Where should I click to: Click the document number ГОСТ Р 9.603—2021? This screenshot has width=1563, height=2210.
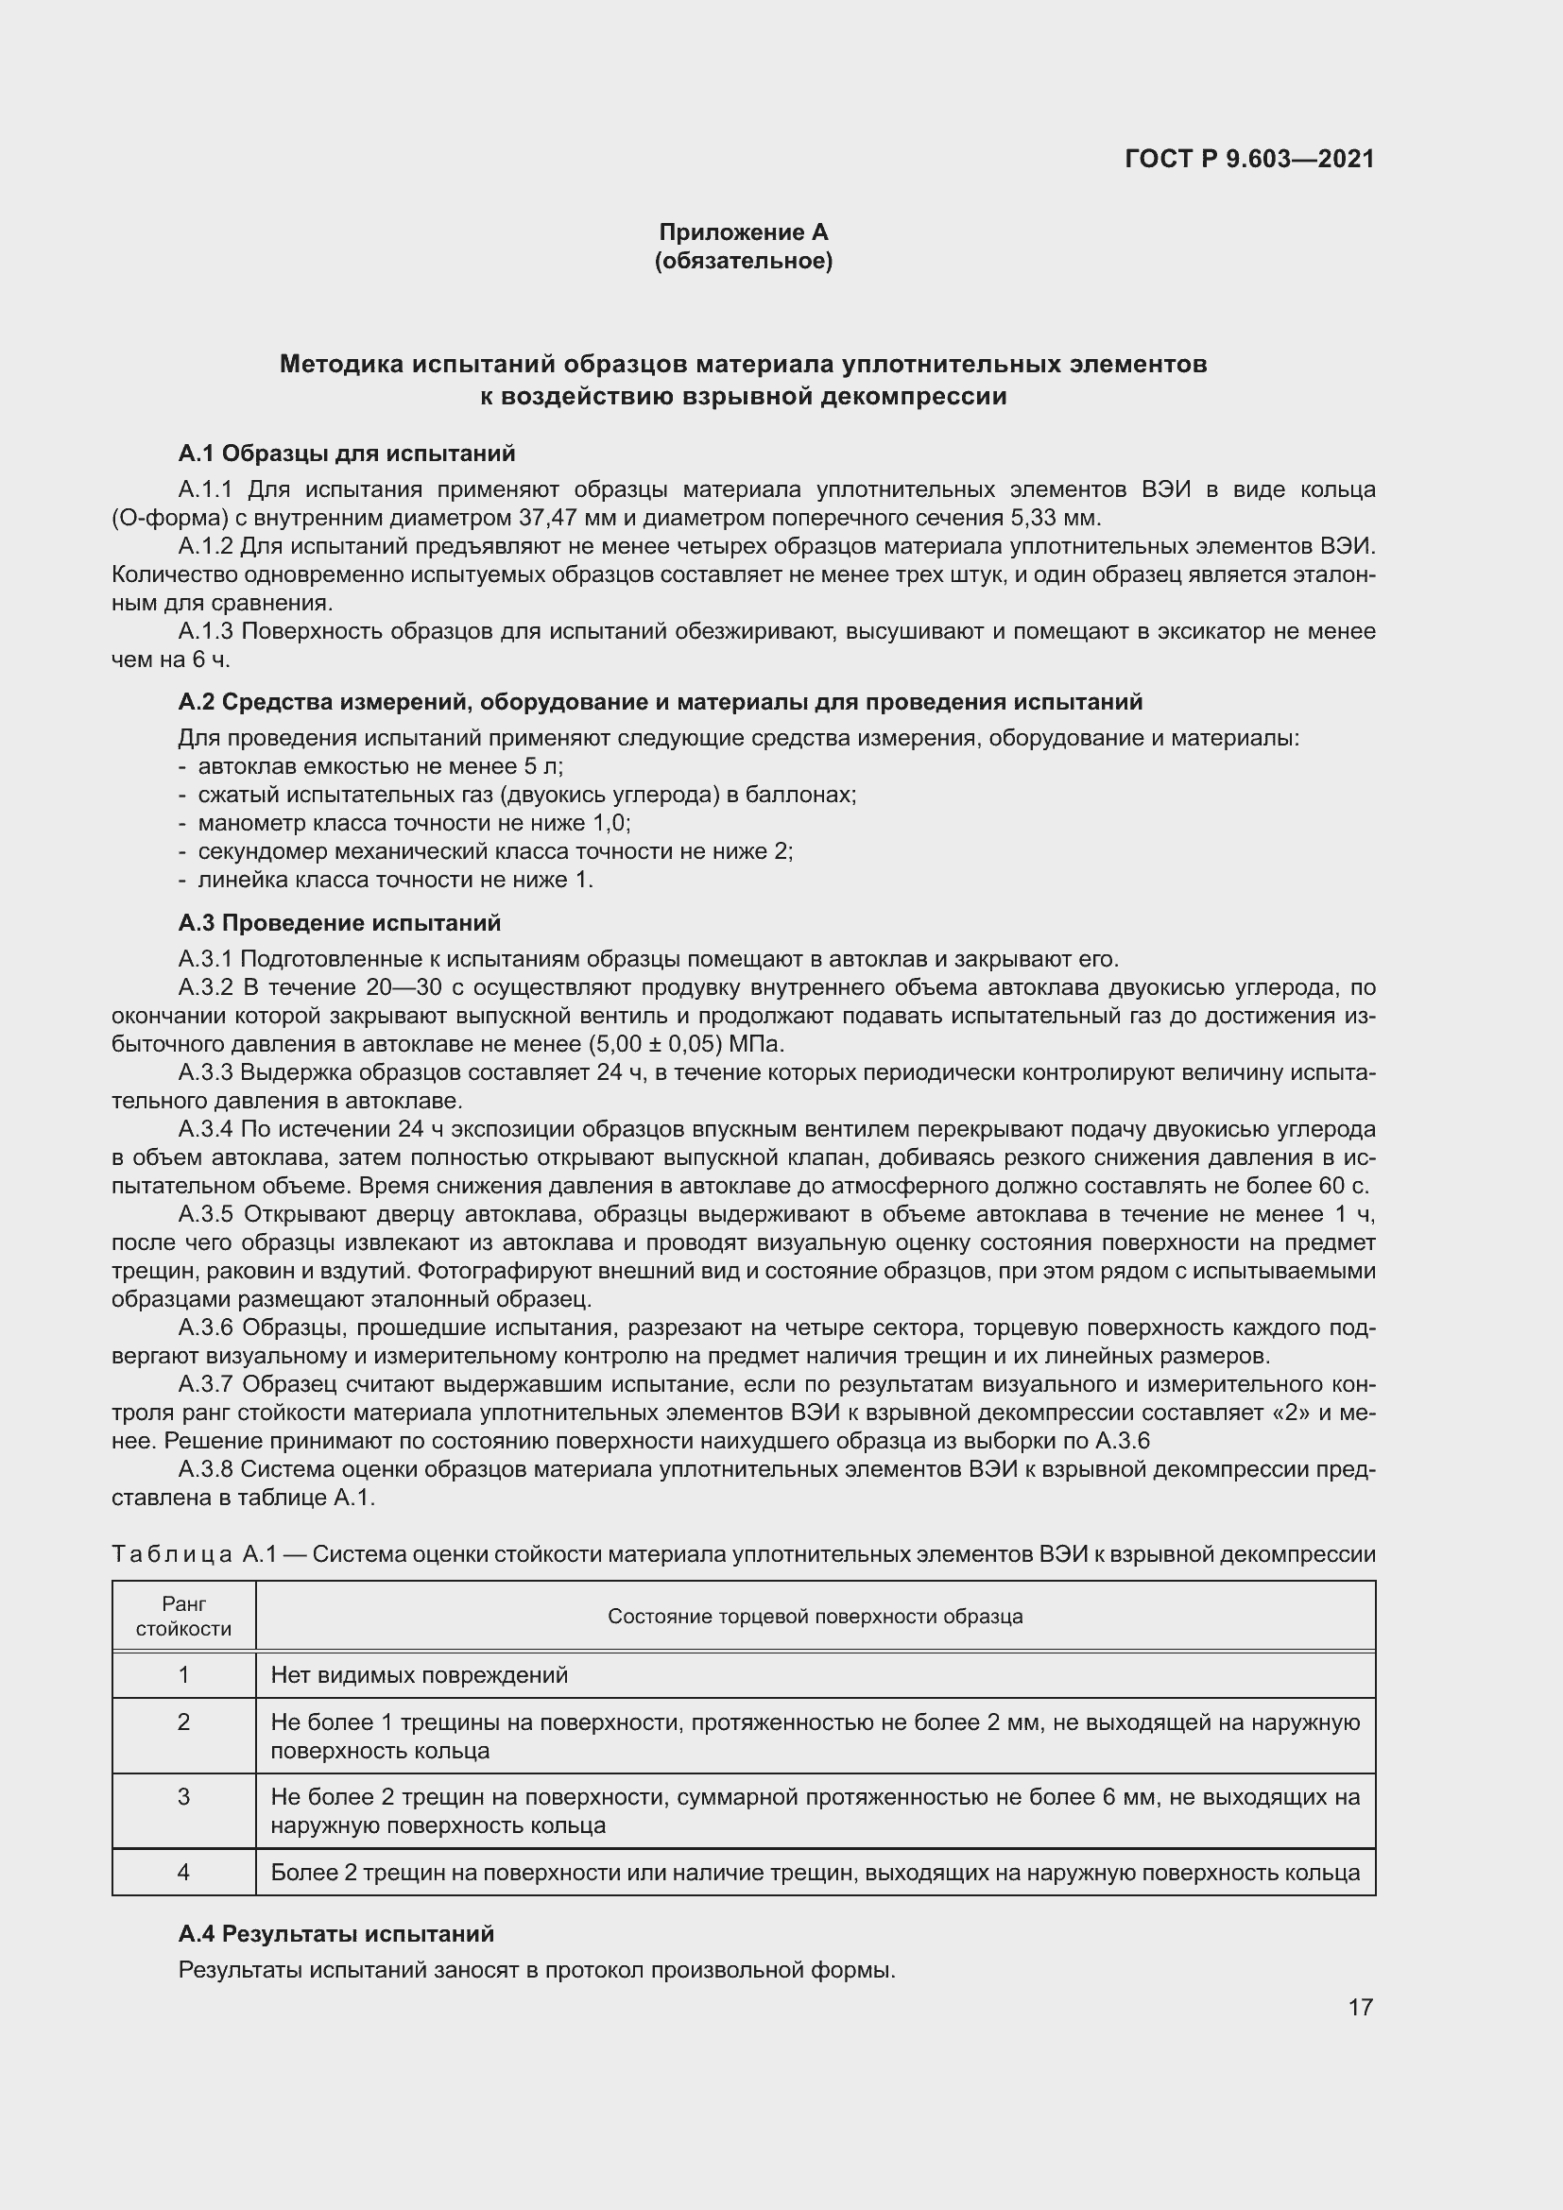(1248, 159)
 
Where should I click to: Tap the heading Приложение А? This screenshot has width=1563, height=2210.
(743, 232)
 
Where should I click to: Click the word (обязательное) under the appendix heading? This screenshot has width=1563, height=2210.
(743, 261)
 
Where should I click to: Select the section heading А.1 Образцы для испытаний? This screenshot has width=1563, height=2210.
(347, 454)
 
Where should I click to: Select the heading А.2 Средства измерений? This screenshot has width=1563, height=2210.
(660, 702)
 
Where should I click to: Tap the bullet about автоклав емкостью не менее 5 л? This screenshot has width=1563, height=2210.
(380, 766)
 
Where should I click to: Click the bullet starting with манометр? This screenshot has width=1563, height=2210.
(414, 823)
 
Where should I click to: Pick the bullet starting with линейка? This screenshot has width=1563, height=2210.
(395, 880)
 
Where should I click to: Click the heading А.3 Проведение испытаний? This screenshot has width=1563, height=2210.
(339, 923)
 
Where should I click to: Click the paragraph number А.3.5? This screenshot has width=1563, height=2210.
(206, 1215)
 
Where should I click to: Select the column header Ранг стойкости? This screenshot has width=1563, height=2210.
(184, 1616)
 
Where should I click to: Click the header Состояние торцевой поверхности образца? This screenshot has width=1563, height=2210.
(815, 1616)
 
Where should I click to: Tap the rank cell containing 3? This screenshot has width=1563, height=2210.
(184, 1796)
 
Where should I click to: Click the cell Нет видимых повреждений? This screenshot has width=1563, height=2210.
(420, 1675)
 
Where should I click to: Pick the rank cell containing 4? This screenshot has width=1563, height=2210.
(184, 1872)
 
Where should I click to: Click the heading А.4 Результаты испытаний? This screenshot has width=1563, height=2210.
(335, 1934)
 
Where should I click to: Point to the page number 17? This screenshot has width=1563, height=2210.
(1359, 2007)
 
